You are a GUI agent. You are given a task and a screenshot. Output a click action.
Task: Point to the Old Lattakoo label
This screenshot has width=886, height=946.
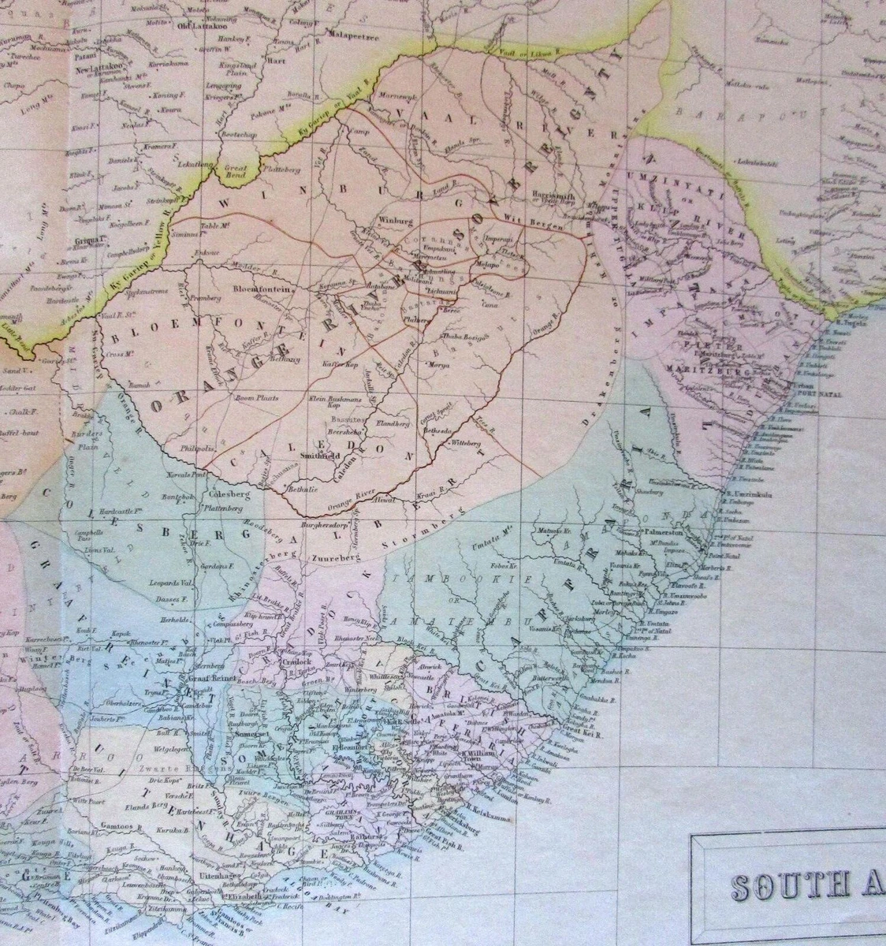coord(195,24)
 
